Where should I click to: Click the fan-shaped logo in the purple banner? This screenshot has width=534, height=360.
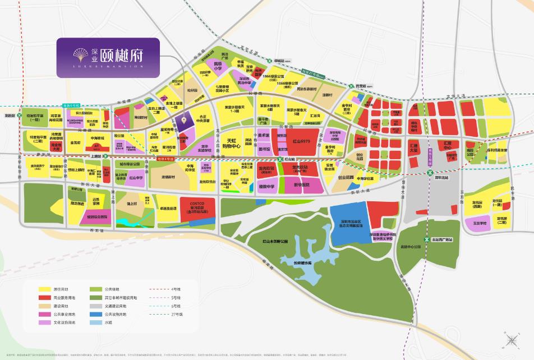coord(82,54)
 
